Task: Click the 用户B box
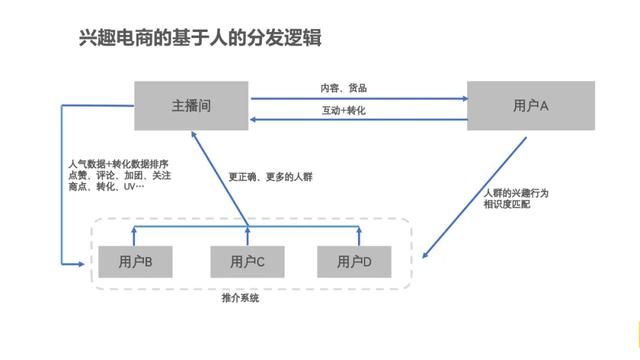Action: click(x=134, y=263)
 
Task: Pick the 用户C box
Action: click(x=247, y=263)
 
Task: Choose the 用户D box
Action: click(x=353, y=263)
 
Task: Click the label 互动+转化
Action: click(x=343, y=110)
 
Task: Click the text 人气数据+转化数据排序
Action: click(x=118, y=163)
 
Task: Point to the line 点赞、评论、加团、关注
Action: click(x=116, y=174)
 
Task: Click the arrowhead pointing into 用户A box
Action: click(x=465, y=98)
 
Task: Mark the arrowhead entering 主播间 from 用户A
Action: click(x=254, y=119)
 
